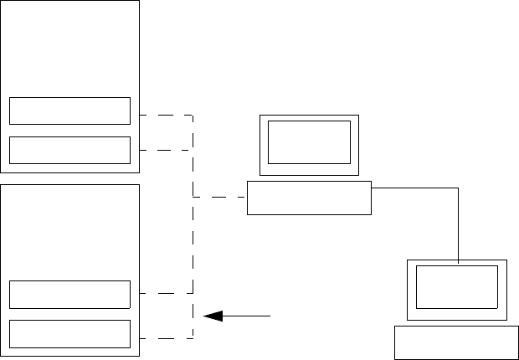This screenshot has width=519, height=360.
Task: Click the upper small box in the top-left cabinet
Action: click(69, 111)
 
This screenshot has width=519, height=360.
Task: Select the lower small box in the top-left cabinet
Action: click(69, 150)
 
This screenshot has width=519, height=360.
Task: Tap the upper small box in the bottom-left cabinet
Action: click(69, 294)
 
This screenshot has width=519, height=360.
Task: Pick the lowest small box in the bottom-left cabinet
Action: click(69, 333)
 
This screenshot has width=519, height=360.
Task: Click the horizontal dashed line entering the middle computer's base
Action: click(220, 198)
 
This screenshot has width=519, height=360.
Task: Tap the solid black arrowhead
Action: click(214, 316)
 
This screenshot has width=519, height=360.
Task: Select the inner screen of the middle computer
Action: click(309, 141)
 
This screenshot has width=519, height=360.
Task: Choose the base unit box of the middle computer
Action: click(309, 198)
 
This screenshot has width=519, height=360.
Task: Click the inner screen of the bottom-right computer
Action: click(457, 288)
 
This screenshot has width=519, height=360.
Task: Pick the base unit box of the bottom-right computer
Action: click(457, 342)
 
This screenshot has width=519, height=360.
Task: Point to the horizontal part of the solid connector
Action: click(414, 188)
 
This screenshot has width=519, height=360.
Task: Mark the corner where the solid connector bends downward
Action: click(459, 188)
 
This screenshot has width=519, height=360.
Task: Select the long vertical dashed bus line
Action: click(193, 243)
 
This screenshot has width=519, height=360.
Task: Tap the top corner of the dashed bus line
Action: click(193, 115)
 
